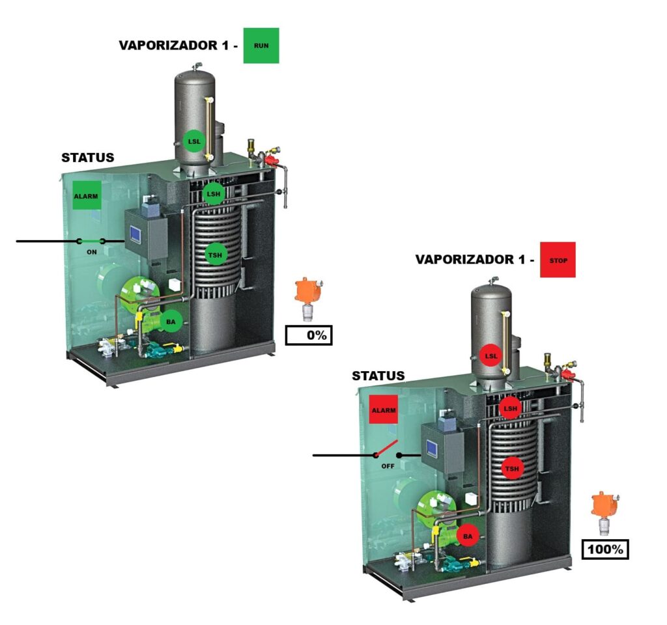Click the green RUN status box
pyautogui.click(x=261, y=46)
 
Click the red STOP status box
pyautogui.click(x=558, y=260)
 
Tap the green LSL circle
pyautogui.click(x=193, y=141)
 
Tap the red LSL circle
pyautogui.click(x=491, y=355)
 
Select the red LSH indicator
pyautogui.click(x=511, y=408)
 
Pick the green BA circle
pyautogui.click(x=171, y=321)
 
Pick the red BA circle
pyautogui.click(x=468, y=536)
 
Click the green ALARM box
pyautogui.click(x=87, y=195)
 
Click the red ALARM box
pyautogui.click(x=384, y=410)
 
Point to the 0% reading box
pyautogui.click(x=309, y=335)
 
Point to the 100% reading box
pyautogui.click(x=605, y=549)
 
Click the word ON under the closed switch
pyautogui.click(x=91, y=253)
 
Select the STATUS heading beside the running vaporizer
pyautogui.click(x=87, y=158)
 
